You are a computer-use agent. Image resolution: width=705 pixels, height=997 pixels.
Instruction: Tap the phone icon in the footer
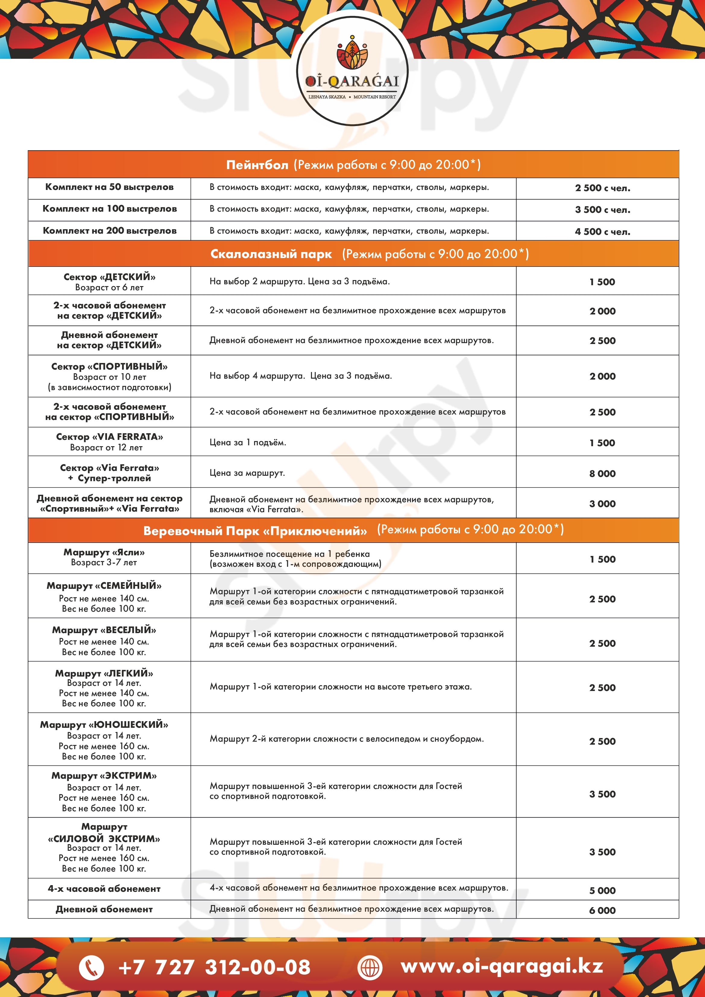(91, 967)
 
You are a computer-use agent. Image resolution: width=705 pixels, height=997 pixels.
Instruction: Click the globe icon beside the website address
(370, 967)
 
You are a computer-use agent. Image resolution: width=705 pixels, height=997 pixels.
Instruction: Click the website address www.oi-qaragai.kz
(502, 966)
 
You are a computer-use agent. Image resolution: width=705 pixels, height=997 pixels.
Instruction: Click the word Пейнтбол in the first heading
(257, 165)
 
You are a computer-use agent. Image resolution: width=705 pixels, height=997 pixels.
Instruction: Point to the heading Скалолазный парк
(271, 254)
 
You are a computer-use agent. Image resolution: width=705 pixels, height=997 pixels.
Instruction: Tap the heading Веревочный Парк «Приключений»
(255, 531)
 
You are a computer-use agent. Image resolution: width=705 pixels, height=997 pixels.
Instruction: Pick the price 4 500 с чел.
(603, 232)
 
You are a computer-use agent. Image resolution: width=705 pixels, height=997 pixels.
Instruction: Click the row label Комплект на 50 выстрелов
(109, 187)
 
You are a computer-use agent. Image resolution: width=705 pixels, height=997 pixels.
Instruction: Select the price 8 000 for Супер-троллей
(602, 473)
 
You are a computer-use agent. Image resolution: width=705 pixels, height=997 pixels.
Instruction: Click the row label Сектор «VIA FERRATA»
(109, 437)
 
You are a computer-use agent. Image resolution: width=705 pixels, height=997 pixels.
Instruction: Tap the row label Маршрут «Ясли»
(104, 552)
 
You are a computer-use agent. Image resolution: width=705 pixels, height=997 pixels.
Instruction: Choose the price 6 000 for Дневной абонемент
(602, 910)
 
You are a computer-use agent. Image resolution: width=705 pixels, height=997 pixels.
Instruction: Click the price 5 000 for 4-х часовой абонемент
(602, 891)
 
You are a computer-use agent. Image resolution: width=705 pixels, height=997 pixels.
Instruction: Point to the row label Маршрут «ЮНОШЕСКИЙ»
(104, 725)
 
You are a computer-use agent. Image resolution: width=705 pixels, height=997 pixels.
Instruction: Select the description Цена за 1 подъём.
(247, 443)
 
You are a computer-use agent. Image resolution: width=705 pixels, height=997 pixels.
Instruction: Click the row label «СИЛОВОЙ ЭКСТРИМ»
(104, 838)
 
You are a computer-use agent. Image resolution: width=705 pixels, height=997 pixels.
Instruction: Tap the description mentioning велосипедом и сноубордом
(346, 739)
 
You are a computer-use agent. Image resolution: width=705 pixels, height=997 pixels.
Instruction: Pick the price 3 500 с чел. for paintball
(603, 210)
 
